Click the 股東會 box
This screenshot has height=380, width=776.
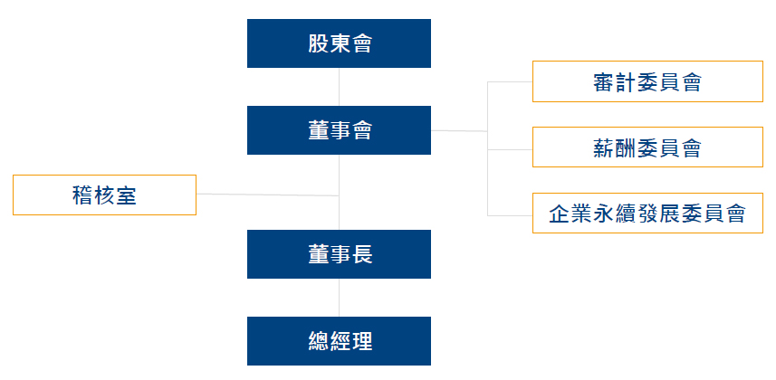coord(339,43)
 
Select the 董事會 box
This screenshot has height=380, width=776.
coord(339,130)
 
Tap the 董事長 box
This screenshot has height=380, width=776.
coord(339,254)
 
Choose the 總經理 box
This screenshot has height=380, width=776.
coord(339,341)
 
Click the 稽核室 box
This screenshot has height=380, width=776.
coord(104,195)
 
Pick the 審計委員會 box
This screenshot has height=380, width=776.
coord(647,81)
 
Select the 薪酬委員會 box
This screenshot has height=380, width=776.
coord(647,147)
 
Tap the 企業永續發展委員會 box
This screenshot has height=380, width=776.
coord(647,214)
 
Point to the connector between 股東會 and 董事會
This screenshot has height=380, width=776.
coord(339,87)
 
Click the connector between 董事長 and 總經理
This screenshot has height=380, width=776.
coord(339,298)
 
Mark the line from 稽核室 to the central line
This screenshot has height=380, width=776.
coord(267,194)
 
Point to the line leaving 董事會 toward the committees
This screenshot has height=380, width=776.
coord(459,131)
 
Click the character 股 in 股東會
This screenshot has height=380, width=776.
coord(318,43)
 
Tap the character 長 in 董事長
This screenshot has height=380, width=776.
coord(361,254)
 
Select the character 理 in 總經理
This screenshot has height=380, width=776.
coord(361,341)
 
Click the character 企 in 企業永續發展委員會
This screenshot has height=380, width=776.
coord(560,214)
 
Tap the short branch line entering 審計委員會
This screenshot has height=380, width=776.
coord(510,81)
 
